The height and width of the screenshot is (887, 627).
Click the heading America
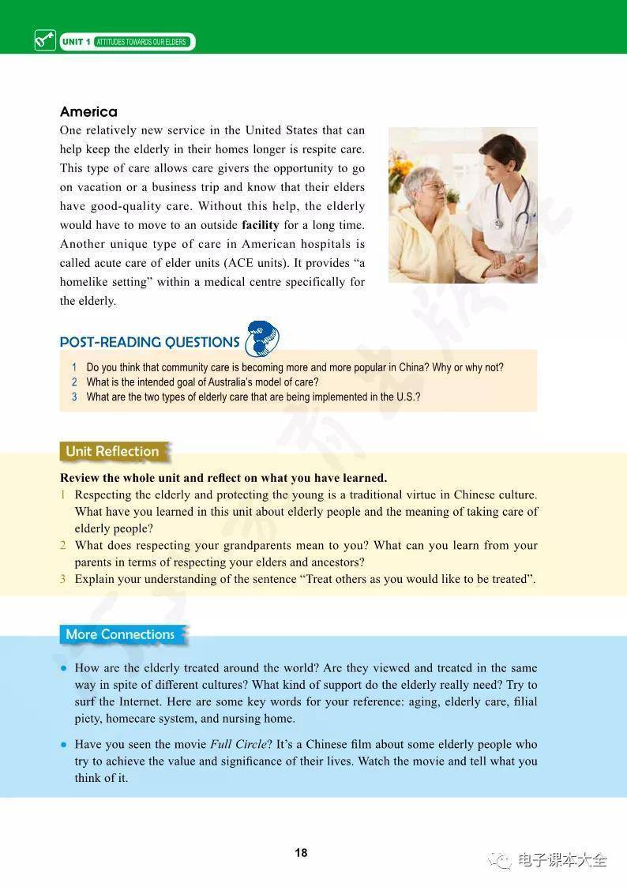(88, 112)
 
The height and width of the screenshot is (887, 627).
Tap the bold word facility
(260, 225)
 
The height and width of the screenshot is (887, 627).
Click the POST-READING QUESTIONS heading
(149, 342)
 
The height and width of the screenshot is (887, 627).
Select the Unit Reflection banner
(112, 452)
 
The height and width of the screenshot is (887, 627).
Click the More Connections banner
(120, 634)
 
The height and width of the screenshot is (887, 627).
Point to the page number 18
(301, 853)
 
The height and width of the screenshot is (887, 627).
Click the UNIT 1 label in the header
(76, 41)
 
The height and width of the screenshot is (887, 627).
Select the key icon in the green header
(45, 39)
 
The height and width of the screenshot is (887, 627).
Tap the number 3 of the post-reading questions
(74, 397)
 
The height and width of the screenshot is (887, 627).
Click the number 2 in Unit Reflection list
(63, 545)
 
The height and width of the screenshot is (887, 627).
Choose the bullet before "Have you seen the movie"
(63, 745)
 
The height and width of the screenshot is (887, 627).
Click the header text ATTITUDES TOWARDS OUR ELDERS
(141, 42)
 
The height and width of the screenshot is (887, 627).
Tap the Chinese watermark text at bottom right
(561, 860)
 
